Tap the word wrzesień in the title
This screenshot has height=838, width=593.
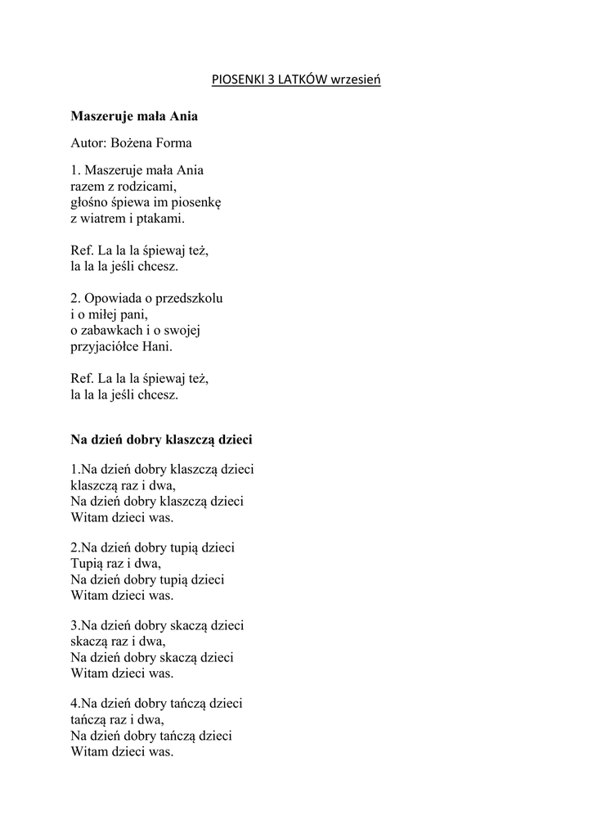point(356,80)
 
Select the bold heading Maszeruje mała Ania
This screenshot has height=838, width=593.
point(134,116)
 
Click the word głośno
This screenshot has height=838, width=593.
point(88,202)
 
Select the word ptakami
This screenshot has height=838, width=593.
point(161,219)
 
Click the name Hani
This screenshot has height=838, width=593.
point(159,346)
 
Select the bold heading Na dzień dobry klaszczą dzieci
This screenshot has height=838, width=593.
point(161,439)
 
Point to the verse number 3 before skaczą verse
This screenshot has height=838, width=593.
point(74,626)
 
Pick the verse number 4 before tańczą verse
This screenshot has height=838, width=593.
point(74,704)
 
